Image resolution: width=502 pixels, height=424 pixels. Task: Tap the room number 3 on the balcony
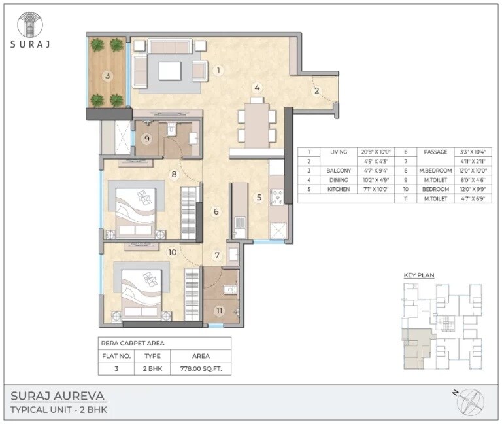108,75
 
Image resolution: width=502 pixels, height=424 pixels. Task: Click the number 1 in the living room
220,70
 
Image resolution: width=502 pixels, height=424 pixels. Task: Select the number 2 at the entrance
316,91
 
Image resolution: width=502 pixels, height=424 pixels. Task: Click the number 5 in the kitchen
259,196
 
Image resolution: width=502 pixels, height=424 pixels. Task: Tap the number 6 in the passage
216,211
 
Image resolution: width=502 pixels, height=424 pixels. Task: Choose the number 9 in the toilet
147,138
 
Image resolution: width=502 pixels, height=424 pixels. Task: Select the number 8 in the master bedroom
175,174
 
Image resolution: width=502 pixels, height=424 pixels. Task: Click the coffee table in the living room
171,71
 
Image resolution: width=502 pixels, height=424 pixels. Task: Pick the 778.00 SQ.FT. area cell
200,369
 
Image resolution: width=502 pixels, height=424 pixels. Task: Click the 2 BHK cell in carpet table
152,369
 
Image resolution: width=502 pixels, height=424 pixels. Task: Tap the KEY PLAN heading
419,275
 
